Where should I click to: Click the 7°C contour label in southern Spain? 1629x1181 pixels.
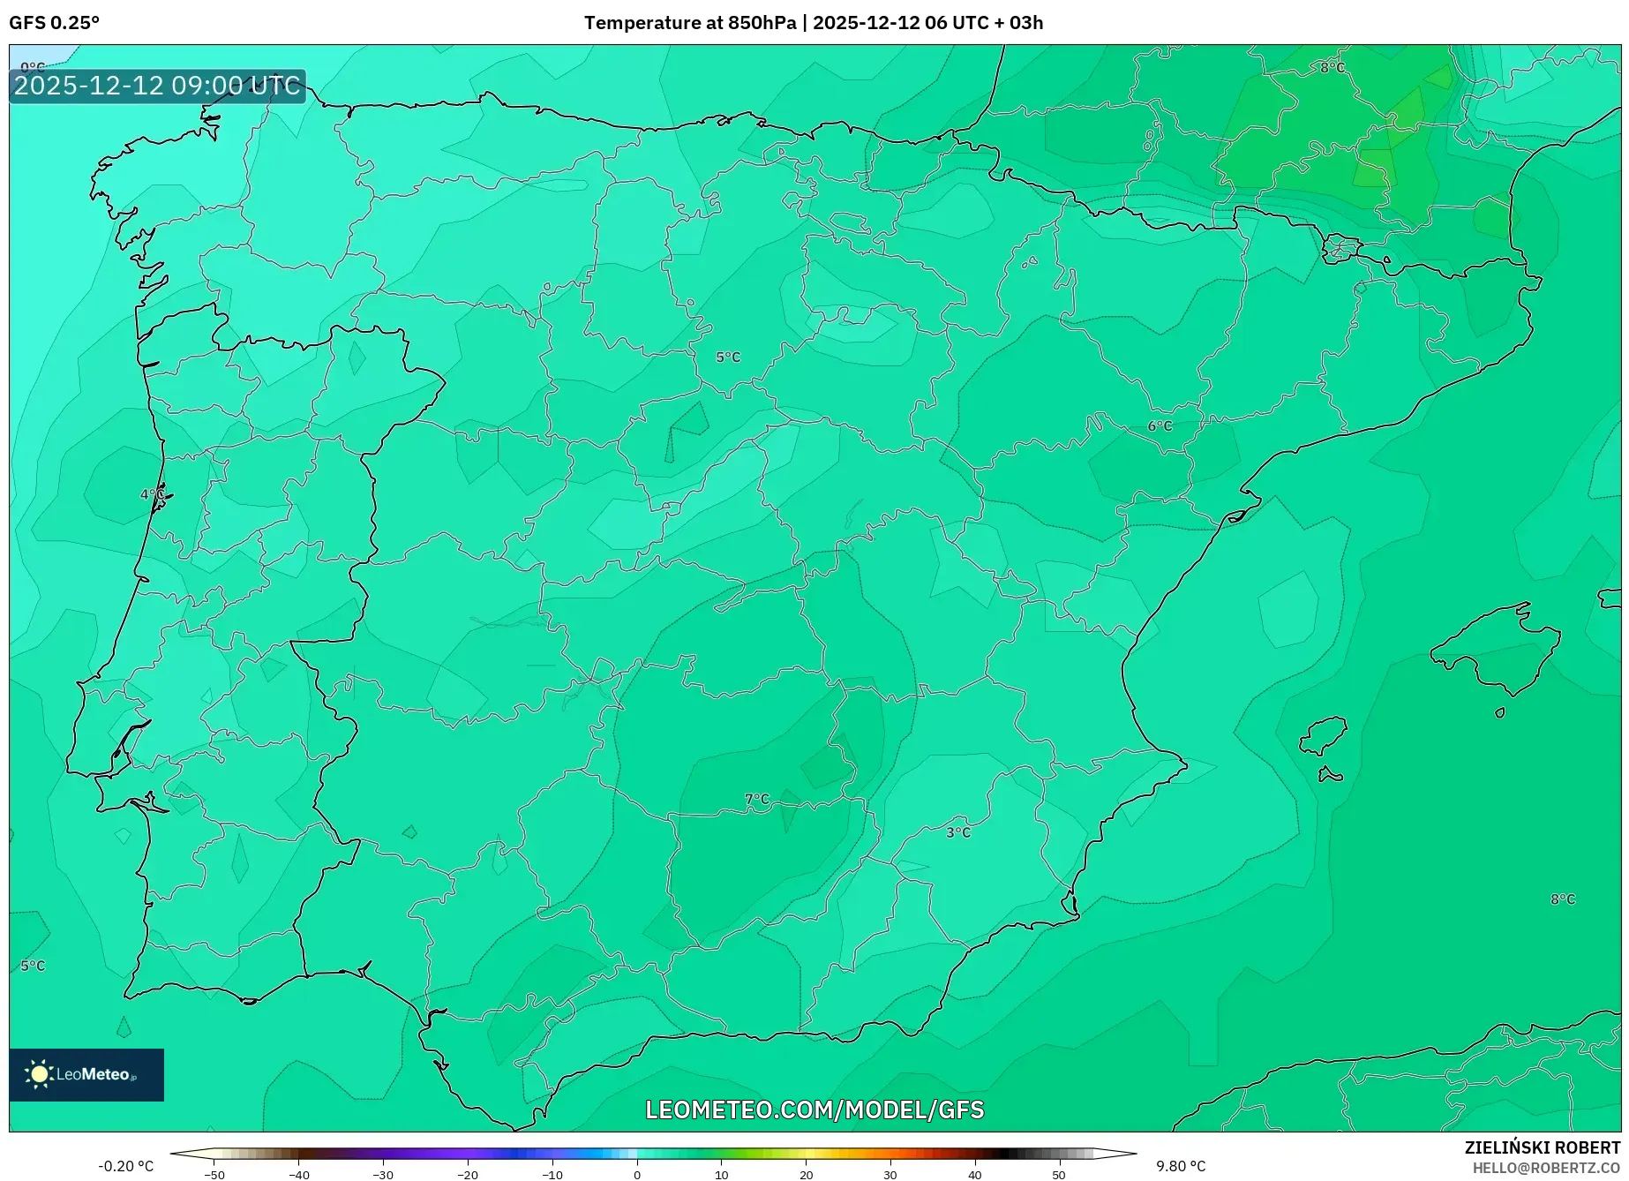tap(757, 800)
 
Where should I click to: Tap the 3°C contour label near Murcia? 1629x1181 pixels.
tap(958, 832)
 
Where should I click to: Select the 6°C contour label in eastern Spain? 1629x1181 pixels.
tap(1160, 426)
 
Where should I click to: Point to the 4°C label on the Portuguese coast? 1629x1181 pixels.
tap(153, 494)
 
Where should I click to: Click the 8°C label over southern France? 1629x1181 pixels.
tap(1332, 68)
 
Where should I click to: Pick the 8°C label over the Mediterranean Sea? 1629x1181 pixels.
tap(1563, 899)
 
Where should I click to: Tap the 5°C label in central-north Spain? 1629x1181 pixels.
tap(728, 357)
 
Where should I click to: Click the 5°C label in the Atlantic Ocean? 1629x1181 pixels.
tap(33, 966)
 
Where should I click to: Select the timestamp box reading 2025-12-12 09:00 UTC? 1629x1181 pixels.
tap(157, 86)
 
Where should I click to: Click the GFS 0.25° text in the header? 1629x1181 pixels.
tap(55, 23)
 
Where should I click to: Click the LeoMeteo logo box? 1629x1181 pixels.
tap(86, 1074)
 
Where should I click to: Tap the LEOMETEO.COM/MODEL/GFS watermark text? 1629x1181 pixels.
tap(814, 1110)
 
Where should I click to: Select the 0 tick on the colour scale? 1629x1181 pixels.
tap(637, 1175)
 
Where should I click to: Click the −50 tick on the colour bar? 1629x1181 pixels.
tap(214, 1175)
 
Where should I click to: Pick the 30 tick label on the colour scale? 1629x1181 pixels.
tap(890, 1175)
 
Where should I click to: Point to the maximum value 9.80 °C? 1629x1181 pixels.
tap(1181, 1166)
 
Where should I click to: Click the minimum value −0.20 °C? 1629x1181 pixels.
tap(125, 1166)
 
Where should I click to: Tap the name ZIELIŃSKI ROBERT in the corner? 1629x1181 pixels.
tap(1543, 1148)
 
